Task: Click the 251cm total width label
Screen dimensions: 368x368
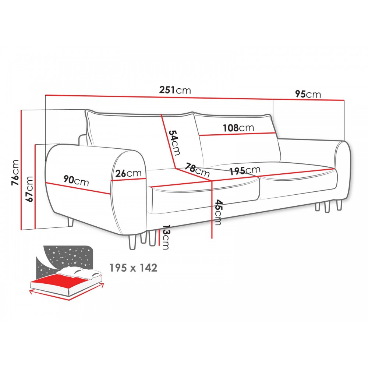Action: (175, 90)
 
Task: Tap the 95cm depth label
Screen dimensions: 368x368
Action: (308, 94)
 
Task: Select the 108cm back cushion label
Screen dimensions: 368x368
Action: (238, 128)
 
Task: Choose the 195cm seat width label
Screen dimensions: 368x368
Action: (245, 171)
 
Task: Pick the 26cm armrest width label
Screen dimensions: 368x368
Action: (128, 173)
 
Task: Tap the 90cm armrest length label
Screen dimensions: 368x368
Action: (76, 181)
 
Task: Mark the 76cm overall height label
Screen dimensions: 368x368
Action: (15, 172)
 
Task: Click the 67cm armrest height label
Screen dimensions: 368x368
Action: (29, 189)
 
